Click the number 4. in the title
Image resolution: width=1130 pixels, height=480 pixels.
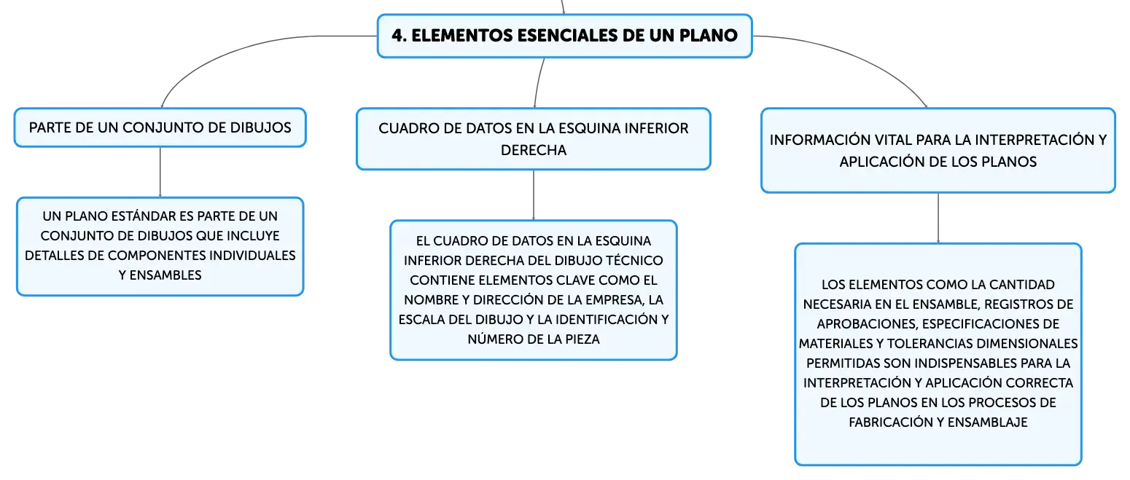(x=399, y=36)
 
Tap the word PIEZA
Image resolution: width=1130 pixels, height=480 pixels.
(x=582, y=339)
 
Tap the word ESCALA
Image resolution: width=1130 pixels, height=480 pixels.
(x=421, y=320)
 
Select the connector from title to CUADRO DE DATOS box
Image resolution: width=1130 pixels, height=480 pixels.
(x=538, y=82)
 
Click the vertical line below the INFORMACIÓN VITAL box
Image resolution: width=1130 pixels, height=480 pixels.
(x=938, y=218)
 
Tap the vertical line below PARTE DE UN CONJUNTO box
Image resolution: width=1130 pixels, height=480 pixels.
(x=160, y=172)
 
